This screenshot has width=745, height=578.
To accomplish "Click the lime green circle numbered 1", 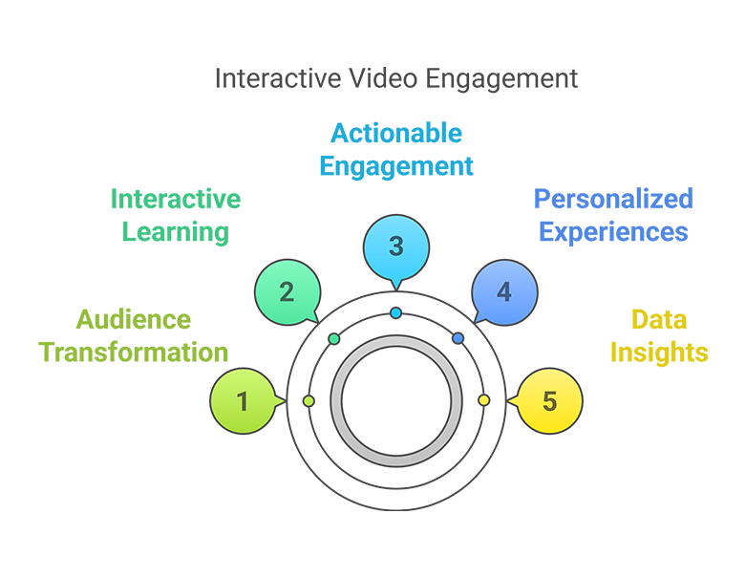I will [x=241, y=401].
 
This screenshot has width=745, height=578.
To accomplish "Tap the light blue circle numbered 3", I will [x=396, y=246].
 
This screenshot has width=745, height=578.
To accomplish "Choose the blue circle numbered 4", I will [x=503, y=292].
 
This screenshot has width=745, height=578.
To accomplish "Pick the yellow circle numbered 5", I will [x=549, y=401].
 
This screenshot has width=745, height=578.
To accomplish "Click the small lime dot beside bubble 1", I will [x=308, y=400].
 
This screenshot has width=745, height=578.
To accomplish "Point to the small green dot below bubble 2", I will [x=334, y=338].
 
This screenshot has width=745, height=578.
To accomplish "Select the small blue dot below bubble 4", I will [x=458, y=338].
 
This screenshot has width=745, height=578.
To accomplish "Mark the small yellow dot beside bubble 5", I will [x=483, y=400].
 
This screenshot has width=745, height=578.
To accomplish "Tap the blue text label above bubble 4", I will [x=611, y=216].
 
